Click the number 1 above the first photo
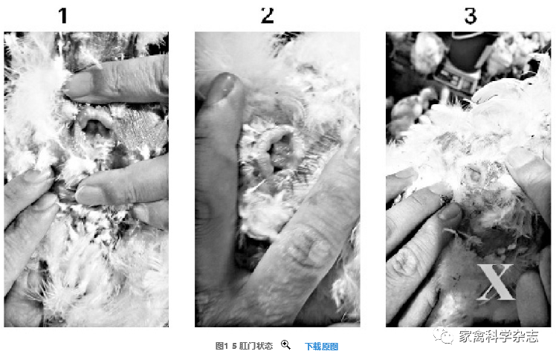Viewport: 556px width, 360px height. [x=63, y=16]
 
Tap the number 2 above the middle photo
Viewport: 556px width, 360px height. [x=268, y=16]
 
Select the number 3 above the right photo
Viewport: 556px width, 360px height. [x=471, y=16]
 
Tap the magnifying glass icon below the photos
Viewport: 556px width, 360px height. [x=285, y=344]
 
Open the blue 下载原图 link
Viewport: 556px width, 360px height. [x=322, y=347]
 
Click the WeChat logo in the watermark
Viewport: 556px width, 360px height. [x=443, y=335]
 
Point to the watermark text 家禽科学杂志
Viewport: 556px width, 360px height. [x=499, y=336]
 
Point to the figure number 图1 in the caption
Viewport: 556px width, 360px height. [x=222, y=346]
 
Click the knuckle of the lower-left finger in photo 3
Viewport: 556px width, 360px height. [x=404, y=263]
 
